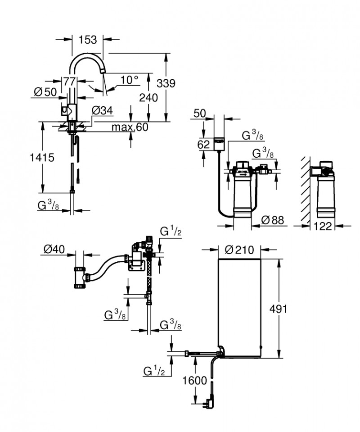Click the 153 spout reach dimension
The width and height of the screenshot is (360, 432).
[87, 40]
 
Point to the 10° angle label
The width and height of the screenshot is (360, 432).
[129, 80]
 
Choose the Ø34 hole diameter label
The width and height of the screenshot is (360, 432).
[102, 110]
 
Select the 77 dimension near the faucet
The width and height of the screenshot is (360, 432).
[69, 82]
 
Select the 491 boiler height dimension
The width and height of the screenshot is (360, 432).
[278, 309]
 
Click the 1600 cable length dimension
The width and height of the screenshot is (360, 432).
[195, 380]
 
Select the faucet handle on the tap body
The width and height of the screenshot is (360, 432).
[65, 109]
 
